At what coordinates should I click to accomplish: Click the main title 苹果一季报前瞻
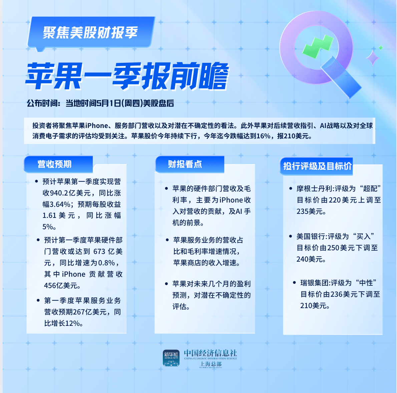(x=127, y=77)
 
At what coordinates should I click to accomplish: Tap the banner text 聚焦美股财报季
(x=90, y=33)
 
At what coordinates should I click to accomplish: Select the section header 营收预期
(x=54, y=164)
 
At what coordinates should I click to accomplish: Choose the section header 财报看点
(x=185, y=164)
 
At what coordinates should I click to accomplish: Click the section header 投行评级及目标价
(x=317, y=166)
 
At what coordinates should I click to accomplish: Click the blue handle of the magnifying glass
(x=342, y=77)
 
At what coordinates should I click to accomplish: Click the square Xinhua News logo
(x=171, y=358)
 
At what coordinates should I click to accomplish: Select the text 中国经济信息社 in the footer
(x=211, y=353)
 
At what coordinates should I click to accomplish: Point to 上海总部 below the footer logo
(x=211, y=364)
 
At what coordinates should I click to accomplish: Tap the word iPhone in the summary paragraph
(x=97, y=126)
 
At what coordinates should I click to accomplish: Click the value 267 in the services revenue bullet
(x=79, y=312)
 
